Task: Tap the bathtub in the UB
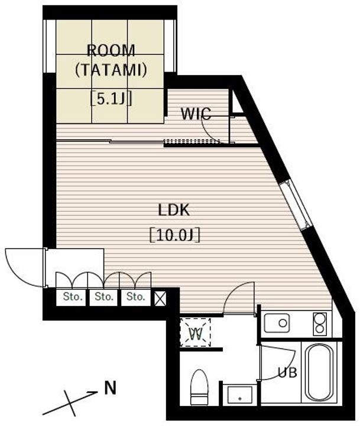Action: (x=319, y=373)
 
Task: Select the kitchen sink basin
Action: (x=277, y=323)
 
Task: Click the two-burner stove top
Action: (x=320, y=324)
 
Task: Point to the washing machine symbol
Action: (x=196, y=333)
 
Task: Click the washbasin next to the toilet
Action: (x=240, y=395)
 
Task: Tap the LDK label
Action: (x=174, y=210)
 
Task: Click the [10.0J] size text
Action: (x=175, y=235)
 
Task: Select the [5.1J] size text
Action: (x=111, y=99)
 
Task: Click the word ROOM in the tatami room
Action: (x=111, y=50)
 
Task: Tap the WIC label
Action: (x=196, y=114)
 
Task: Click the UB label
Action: (x=287, y=372)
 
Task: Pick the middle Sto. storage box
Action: (x=103, y=298)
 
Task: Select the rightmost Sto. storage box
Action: (x=135, y=298)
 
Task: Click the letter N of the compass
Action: (x=110, y=388)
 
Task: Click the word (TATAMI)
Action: (x=111, y=70)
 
